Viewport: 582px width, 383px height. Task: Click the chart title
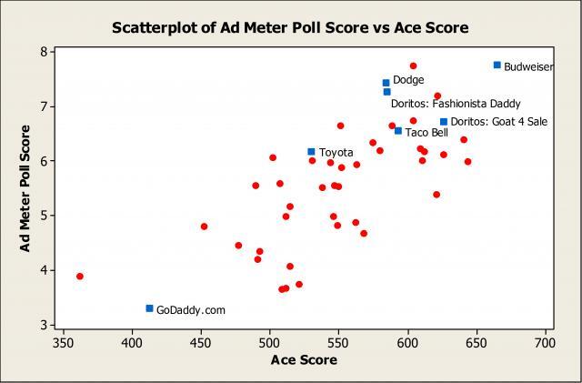[x=290, y=27]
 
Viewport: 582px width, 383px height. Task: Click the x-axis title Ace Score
[x=304, y=360]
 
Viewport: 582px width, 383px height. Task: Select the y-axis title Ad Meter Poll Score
[x=27, y=188]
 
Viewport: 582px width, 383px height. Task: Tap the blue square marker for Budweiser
[x=497, y=65]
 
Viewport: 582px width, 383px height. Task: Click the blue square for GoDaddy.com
[x=149, y=308]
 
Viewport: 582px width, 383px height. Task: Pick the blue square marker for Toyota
[x=311, y=152]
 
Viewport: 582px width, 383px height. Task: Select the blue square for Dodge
[x=386, y=83]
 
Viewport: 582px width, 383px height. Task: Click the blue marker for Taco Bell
[x=397, y=131]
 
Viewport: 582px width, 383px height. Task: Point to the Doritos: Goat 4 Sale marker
[x=444, y=122]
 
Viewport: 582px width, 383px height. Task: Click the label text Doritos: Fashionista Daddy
[x=456, y=104]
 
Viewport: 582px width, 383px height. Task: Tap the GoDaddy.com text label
[x=190, y=310]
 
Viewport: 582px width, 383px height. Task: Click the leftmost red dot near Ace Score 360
[x=80, y=276]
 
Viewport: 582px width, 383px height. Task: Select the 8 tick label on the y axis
[x=43, y=52]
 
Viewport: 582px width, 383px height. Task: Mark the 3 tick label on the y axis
[x=43, y=325]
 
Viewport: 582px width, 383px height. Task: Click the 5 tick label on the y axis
[x=43, y=216]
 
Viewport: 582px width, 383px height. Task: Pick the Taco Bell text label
[x=426, y=133]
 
